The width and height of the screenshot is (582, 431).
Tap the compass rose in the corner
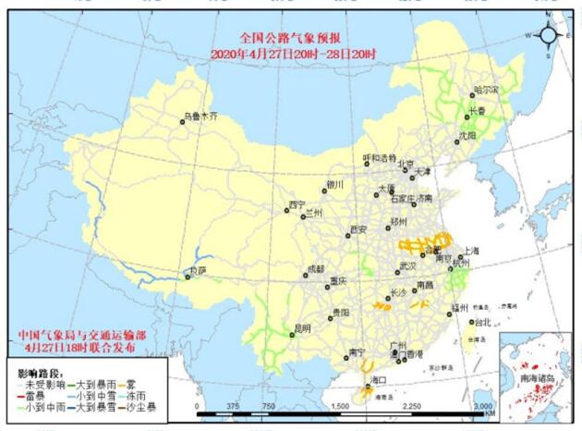tap(548, 35)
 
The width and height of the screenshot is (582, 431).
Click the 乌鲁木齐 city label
tap(202, 117)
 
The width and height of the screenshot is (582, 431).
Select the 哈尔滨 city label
tap(485, 90)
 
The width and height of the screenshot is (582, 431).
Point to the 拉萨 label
tap(198, 271)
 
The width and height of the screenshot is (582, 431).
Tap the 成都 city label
tap(315, 269)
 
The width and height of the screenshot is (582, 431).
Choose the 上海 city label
tap(471, 250)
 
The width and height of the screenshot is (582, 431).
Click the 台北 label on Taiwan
tap(482, 322)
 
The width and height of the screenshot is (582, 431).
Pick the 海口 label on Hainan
tap(379, 380)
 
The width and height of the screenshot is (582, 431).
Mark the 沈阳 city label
tap(467, 135)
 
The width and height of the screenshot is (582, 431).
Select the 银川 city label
tap(334, 184)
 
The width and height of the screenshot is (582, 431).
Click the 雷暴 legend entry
tap(32, 393)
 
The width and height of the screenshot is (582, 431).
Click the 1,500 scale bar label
tap(341, 406)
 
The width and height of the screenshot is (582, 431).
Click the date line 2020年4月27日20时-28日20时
tap(292, 54)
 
